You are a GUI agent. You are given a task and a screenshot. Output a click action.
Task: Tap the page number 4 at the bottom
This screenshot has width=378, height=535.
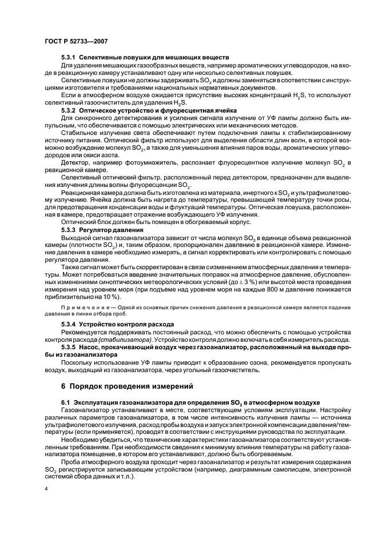(47, 490)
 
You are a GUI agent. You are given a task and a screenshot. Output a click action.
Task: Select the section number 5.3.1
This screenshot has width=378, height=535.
(69, 58)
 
